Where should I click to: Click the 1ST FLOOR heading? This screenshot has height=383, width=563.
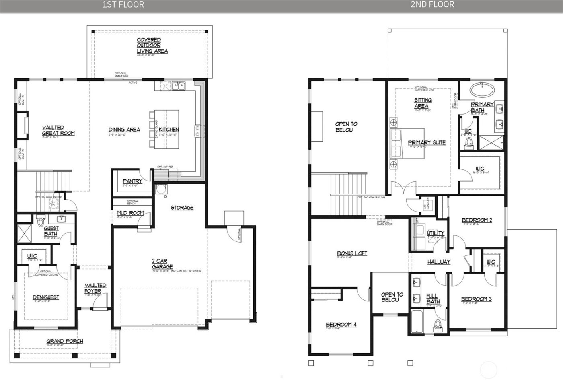(x=123, y=5)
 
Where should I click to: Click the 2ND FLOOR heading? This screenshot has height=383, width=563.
(x=432, y=5)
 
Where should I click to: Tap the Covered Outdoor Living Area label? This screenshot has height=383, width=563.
(x=152, y=45)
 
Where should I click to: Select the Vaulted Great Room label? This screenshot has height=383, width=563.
(x=59, y=130)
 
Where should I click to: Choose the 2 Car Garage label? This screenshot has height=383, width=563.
(x=162, y=264)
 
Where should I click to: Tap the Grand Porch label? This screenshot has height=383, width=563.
(x=65, y=341)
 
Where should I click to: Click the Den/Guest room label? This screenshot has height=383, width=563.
(x=46, y=297)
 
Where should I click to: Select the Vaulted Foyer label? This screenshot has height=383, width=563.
(x=95, y=288)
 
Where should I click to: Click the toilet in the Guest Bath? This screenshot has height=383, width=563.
(x=40, y=221)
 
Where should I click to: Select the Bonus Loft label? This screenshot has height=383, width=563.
(x=352, y=253)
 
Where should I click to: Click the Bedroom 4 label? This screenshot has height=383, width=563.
(x=341, y=325)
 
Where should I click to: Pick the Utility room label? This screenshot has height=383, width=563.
(x=436, y=233)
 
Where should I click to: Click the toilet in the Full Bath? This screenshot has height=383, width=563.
(x=437, y=325)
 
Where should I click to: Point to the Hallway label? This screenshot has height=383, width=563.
(x=439, y=262)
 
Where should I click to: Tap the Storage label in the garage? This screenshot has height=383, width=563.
(x=182, y=208)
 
